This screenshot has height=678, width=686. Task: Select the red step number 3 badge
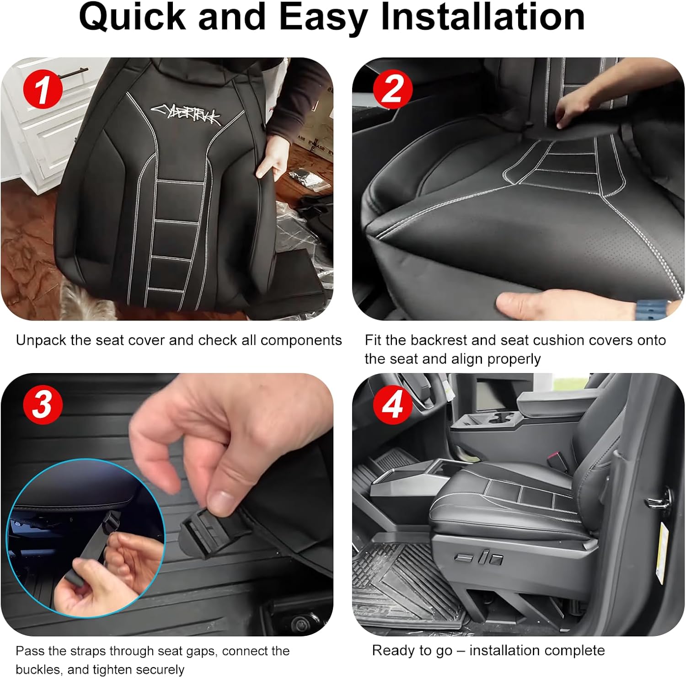pyautogui.click(x=43, y=404)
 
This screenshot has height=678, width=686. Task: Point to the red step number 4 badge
pyautogui.click(x=393, y=404)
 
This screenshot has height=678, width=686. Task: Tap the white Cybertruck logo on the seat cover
pyautogui.click(x=186, y=114)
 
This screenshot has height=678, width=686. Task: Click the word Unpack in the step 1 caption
pyautogui.click(x=41, y=341)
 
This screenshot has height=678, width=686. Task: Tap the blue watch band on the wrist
pyautogui.click(x=652, y=307)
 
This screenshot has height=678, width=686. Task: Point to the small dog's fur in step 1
pyautogui.click(x=82, y=302)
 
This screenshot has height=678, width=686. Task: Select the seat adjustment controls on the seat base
pyautogui.click(x=478, y=558)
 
